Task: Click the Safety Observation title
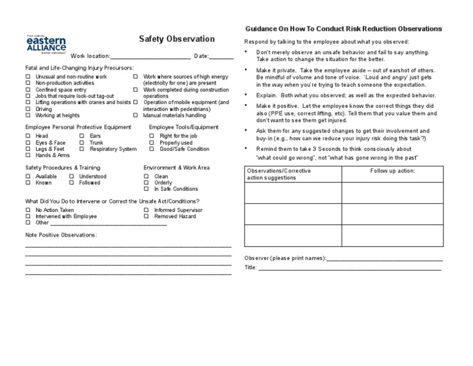click(x=177, y=39)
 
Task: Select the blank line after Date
click(x=222, y=56)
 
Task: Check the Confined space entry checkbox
click(x=28, y=89)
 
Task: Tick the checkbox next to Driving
click(x=28, y=109)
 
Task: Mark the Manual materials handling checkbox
click(x=135, y=115)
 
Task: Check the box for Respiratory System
click(x=82, y=149)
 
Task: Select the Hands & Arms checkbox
click(x=28, y=156)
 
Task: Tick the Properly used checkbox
click(x=147, y=142)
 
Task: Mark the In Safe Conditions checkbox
click(x=147, y=189)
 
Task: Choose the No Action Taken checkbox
click(x=28, y=210)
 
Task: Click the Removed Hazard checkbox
click(x=147, y=216)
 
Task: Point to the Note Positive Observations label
click(x=61, y=235)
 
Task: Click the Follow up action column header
click(x=392, y=171)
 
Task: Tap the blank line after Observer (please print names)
click(x=384, y=258)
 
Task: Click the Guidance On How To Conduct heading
click(x=343, y=29)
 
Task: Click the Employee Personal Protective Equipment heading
click(x=78, y=127)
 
